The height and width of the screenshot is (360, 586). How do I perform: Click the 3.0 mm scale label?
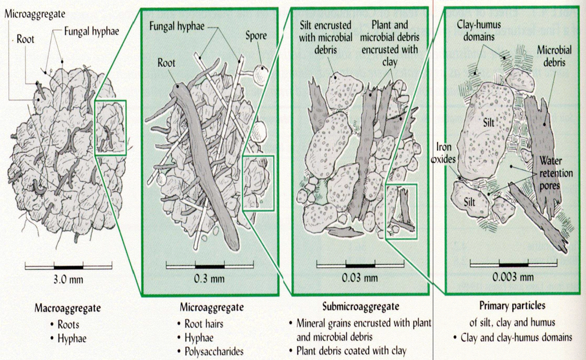[68, 280]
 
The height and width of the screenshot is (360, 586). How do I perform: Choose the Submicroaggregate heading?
[361, 307]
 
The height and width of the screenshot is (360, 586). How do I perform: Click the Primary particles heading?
[512, 306]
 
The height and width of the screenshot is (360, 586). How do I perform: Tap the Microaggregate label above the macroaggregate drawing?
[27, 12]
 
